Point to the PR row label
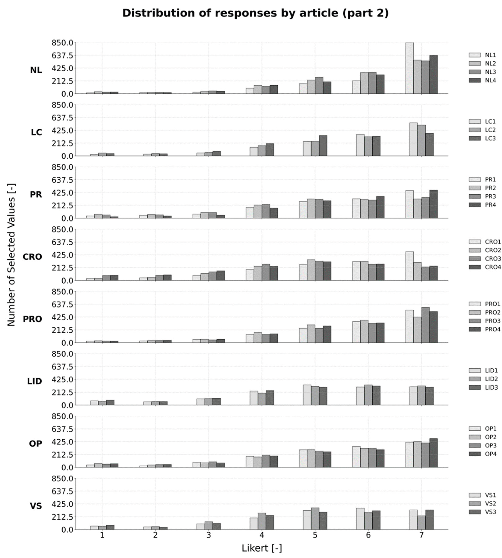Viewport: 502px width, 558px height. coord(36,195)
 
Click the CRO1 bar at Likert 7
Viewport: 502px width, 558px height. coord(409,266)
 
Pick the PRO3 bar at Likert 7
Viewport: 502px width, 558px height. coord(425,325)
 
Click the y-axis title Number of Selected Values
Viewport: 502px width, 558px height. coord(11,254)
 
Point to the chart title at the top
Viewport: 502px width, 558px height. coord(255,13)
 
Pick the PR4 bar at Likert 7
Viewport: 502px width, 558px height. coord(433,204)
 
